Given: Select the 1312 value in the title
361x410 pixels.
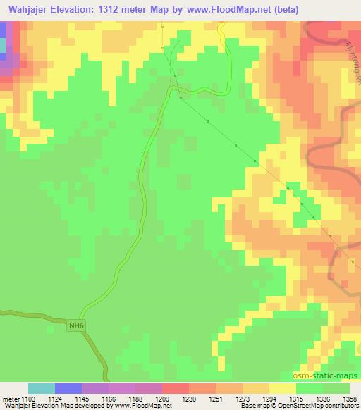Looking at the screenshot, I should pyautogui.click(x=128, y=10).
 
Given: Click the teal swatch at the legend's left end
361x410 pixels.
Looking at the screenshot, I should pyautogui.click(x=42, y=388).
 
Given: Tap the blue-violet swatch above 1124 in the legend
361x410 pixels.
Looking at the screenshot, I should pyautogui.click(x=68, y=388).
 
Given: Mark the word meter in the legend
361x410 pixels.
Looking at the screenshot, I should pyautogui.click(x=10, y=398).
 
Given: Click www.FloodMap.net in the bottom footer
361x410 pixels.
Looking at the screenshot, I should pyautogui.click(x=142, y=406).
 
